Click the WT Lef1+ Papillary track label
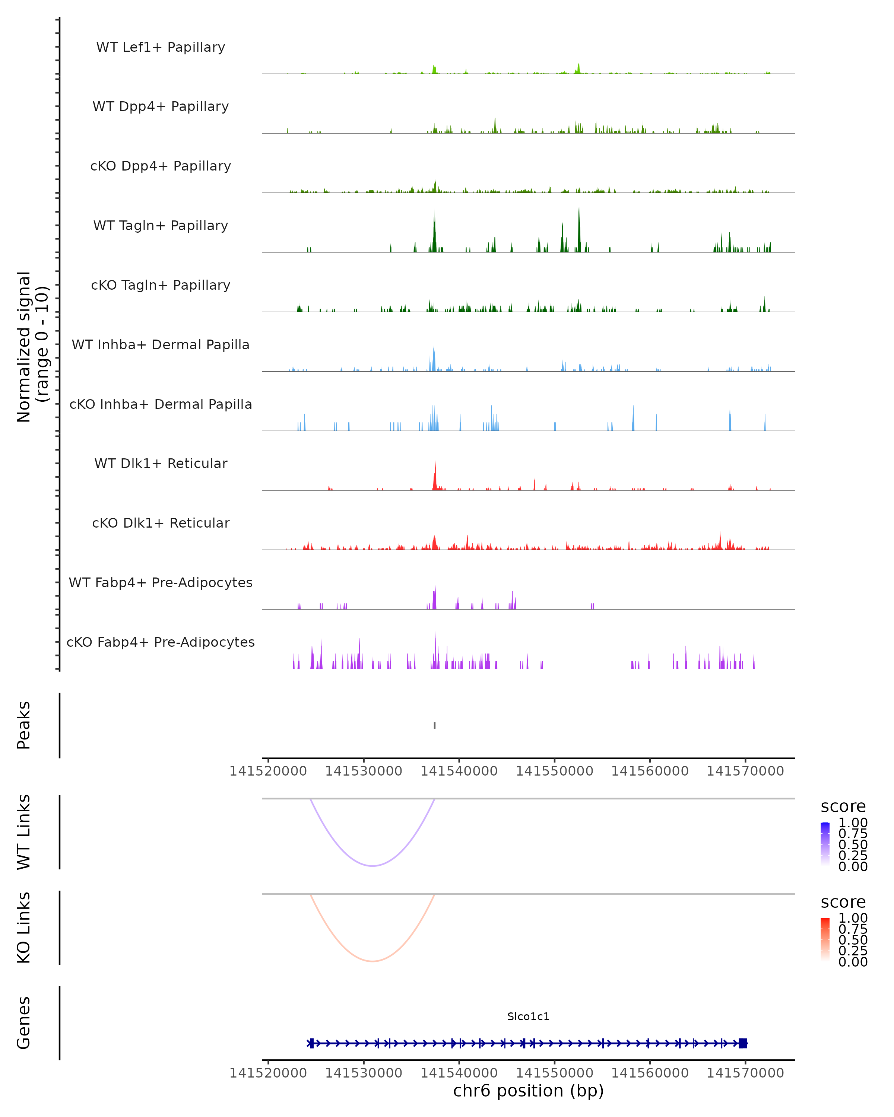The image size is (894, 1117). point(161,47)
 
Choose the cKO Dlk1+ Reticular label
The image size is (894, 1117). point(161,523)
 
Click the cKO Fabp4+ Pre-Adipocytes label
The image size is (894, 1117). point(161,642)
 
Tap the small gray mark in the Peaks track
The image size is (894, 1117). point(434,725)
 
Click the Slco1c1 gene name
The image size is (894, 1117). point(528,1016)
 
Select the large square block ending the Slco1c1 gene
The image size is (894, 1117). point(743,1043)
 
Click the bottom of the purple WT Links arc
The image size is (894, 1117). point(372,866)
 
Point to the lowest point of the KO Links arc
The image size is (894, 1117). point(372,961)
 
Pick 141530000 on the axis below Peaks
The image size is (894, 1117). point(364,771)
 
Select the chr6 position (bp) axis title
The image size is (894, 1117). point(528,1091)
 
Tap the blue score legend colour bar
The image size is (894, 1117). point(825,844)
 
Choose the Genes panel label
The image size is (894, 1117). point(24,1023)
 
